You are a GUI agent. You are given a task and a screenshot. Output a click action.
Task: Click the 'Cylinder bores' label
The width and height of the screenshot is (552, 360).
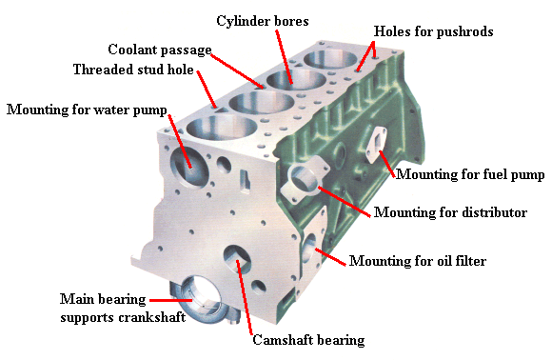pyautogui.click(x=263, y=21)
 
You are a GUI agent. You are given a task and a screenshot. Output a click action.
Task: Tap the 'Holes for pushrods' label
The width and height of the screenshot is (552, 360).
pyautogui.click(x=433, y=31)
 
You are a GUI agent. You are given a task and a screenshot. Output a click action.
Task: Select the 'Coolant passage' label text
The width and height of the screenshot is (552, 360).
pyautogui.click(x=160, y=50)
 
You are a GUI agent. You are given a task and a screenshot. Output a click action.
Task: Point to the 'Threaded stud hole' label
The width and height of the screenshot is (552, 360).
pyautogui.click(x=133, y=70)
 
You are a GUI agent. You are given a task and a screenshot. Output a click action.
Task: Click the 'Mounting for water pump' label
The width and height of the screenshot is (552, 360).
pyautogui.click(x=87, y=110)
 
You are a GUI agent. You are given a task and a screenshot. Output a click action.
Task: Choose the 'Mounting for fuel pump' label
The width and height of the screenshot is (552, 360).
pyautogui.click(x=470, y=174)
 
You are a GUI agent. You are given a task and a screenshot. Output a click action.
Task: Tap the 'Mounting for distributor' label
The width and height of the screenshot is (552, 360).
pyautogui.click(x=450, y=212)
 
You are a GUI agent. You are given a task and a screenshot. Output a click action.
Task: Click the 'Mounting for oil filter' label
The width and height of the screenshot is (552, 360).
pyautogui.click(x=418, y=261)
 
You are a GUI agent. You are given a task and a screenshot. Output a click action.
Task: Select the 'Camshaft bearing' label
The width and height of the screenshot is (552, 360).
pyautogui.click(x=308, y=340)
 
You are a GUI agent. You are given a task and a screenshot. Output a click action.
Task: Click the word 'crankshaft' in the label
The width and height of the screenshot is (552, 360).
pyautogui.click(x=151, y=317)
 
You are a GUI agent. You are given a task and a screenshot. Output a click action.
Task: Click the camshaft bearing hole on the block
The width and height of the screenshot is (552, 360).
pyautogui.click(x=237, y=260)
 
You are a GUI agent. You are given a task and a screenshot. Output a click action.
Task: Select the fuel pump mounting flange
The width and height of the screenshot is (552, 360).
pyautogui.click(x=376, y=144)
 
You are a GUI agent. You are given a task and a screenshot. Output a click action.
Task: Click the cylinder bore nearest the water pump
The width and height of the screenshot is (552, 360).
pyautogui.click(x=222, y=128)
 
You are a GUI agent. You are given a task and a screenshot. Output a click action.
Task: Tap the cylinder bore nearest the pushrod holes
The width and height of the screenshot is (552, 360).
pyautogui.click(x=330, y=58)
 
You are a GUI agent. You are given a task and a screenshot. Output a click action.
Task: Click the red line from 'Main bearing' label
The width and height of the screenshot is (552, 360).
pyautogui.click(x=171, y=300)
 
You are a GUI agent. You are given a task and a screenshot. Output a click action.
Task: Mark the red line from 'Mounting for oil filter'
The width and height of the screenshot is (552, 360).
pyautogui.click(x=330, y=257)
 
